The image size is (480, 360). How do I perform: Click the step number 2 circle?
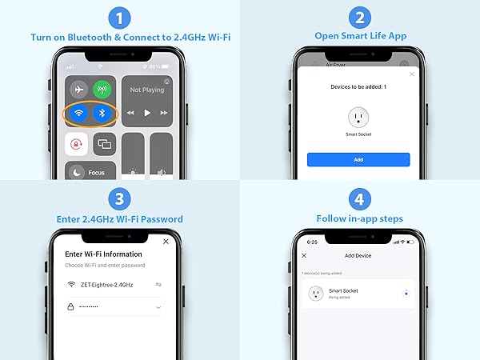point(359,18)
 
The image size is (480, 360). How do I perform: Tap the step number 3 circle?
point(119,198)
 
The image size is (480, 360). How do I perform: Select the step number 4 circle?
point(359,198)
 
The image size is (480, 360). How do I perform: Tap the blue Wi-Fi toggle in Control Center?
point(78,113)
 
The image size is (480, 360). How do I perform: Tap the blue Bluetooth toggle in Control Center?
point(101,113)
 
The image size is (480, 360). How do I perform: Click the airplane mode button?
point(78,90)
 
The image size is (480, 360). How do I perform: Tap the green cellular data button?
point(101,90)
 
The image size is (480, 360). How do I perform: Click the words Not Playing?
point(146,90)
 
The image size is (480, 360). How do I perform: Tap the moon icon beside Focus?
point(76,172)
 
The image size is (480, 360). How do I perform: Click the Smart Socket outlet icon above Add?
point(358,117)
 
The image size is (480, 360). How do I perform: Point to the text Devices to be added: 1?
point(358,86)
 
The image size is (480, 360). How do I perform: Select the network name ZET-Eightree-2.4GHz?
point(112,284)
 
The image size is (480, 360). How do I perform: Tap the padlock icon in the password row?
point(71,306)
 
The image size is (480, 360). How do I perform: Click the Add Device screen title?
point(358,255)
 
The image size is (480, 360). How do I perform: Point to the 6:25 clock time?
point(312,241)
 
